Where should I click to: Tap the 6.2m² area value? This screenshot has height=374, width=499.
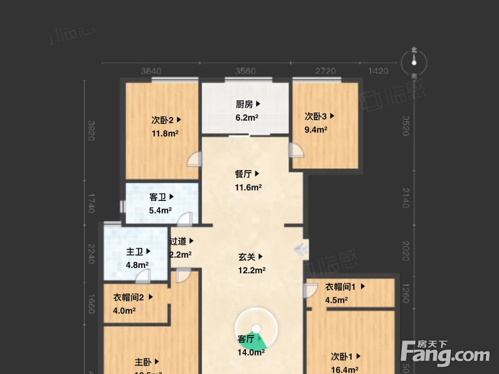(x=247, y=118)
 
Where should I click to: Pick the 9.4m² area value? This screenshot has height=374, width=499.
(x=316, y=130)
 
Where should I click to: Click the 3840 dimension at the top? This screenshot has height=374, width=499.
(x=151, y=71)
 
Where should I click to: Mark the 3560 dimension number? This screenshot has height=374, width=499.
(x=245, y=71)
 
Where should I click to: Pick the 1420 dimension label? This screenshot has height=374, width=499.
(x=378, y=71)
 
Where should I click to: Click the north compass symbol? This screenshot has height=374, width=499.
(x=414, y=63)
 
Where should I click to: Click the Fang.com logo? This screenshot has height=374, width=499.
(x=445, y=354)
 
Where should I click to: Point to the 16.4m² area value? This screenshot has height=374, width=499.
(x=344, y=370)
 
